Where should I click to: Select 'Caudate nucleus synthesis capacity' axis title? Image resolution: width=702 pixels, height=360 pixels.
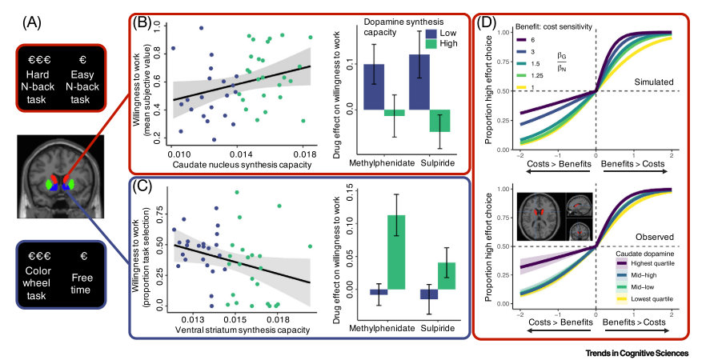(240, 164)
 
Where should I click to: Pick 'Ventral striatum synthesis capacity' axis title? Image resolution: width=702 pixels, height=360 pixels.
(239, 329)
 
